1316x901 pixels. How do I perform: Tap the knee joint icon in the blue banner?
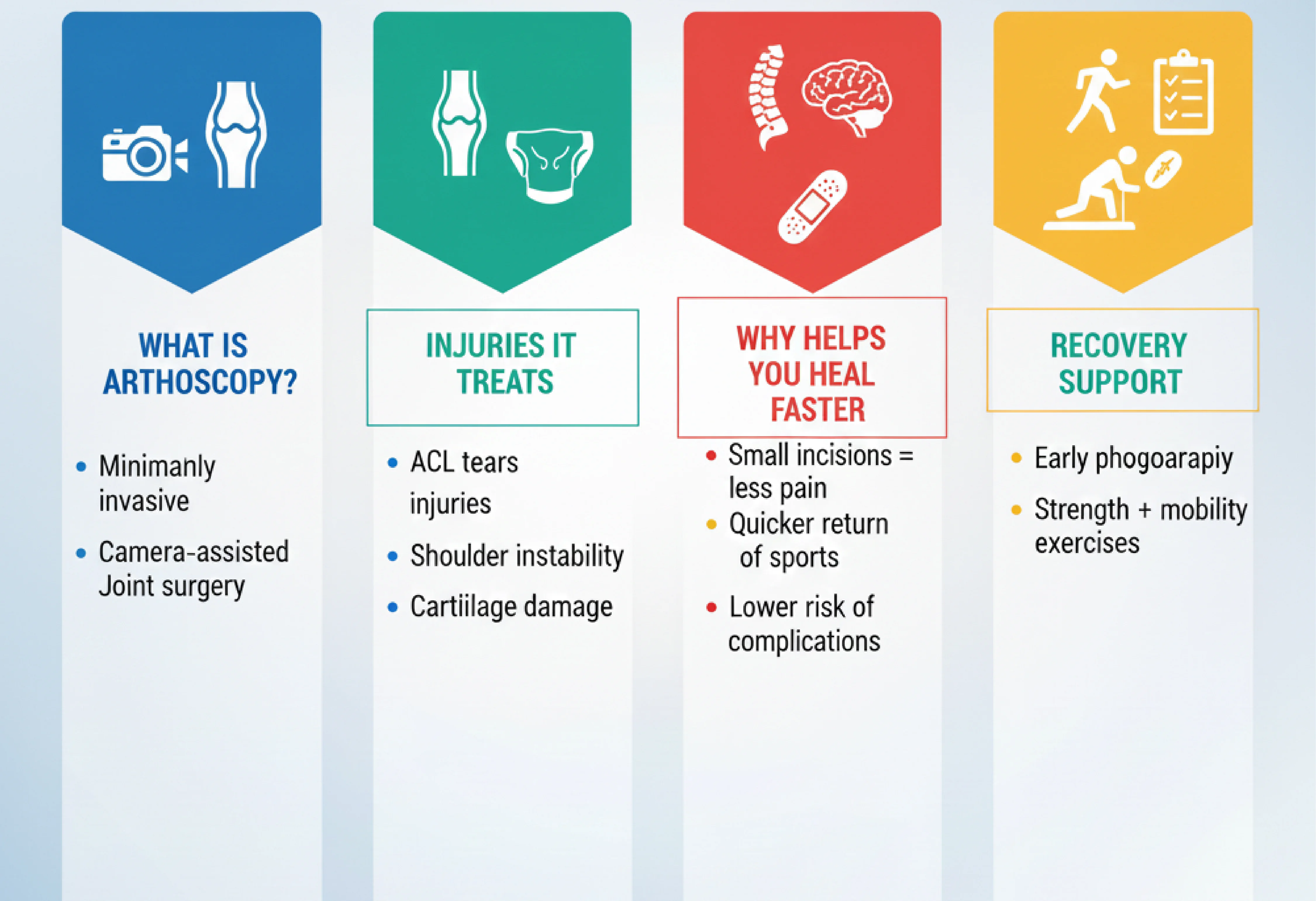[236, 135]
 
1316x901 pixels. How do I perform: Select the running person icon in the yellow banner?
[1096, 91]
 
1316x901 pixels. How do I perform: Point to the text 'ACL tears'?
[464, 462]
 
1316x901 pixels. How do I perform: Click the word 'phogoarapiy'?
[1164, 459]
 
